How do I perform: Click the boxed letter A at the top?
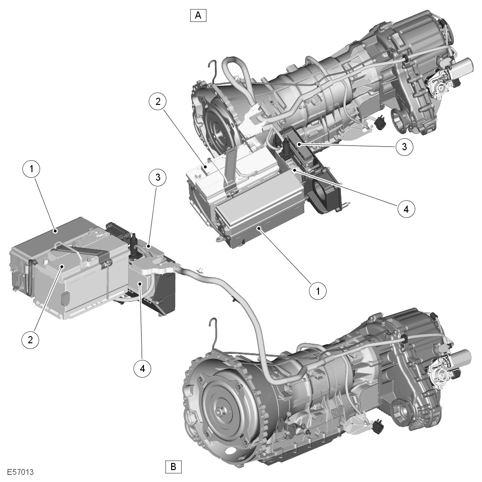tap(198, 15)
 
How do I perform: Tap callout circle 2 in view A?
tap(158, 102)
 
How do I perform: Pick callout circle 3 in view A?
tap(404, 147)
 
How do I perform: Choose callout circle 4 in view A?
tap(406, 209)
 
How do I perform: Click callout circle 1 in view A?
tap(318, 290)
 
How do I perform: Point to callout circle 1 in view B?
tap(31, 169)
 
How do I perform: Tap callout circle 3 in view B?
tap(158, 177)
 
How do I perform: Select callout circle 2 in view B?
tap(30, 339)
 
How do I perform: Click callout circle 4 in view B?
tap(143, 368)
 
